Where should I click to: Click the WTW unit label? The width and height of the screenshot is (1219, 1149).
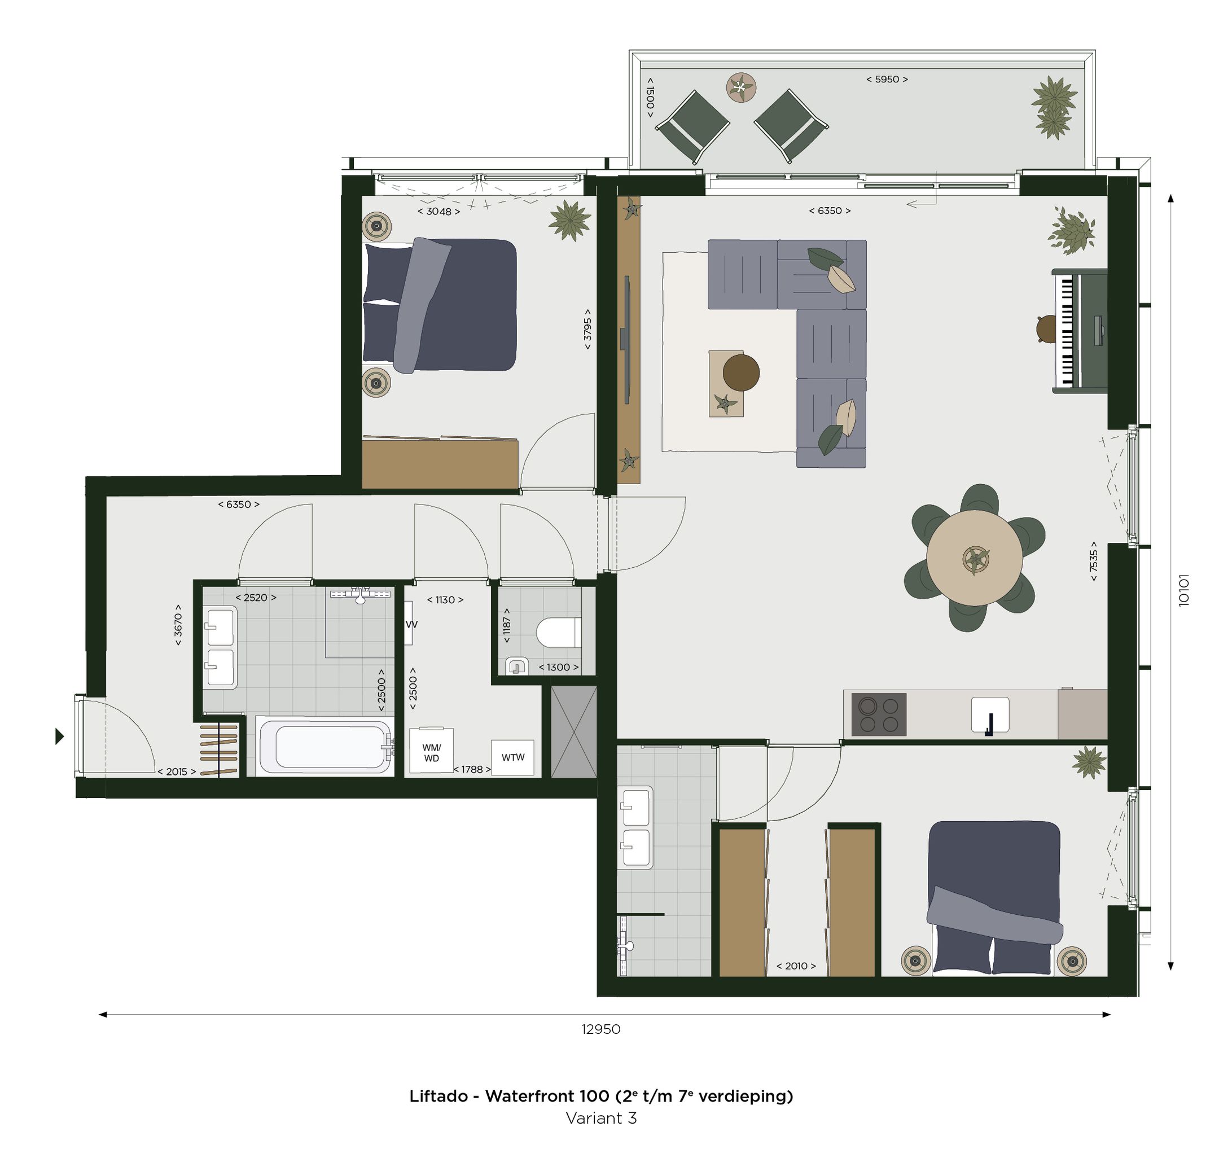pyautogui.click(x=512, y=757)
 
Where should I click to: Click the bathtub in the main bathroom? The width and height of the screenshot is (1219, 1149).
pyautogui.click(x=325, y=746)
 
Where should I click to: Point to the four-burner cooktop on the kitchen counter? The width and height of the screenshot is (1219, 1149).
pyautogui.click(x=878, y=714)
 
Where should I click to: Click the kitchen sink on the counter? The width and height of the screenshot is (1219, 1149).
pyautogui.click(x=990, y=714)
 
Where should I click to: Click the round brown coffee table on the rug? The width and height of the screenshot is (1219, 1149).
pyautogui.click(x=741, y=372)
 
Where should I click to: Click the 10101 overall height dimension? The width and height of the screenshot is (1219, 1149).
pyautogui.click(x=1184, y=590)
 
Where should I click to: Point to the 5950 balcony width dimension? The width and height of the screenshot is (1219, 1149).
pyautogui.click(x=887, y=79)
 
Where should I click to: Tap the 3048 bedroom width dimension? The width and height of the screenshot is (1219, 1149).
pyautogui.click(x=439, y=212)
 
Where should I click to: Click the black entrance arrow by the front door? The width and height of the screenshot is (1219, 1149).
pyautogui.click(x=59, y=736)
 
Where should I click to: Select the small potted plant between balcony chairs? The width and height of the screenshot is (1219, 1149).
pyautogui.click(x=742, y=87)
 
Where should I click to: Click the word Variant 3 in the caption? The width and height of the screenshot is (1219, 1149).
pyautogui.click(x=601, y=1118)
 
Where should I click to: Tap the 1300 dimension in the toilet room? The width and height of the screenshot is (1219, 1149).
pyautogui.click(x=558, y=667)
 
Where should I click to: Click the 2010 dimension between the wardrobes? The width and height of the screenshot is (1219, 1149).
pyautogui.click(x=796, y=966)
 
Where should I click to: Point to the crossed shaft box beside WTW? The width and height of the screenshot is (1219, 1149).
pyautogui.click(x=573, y=732)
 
